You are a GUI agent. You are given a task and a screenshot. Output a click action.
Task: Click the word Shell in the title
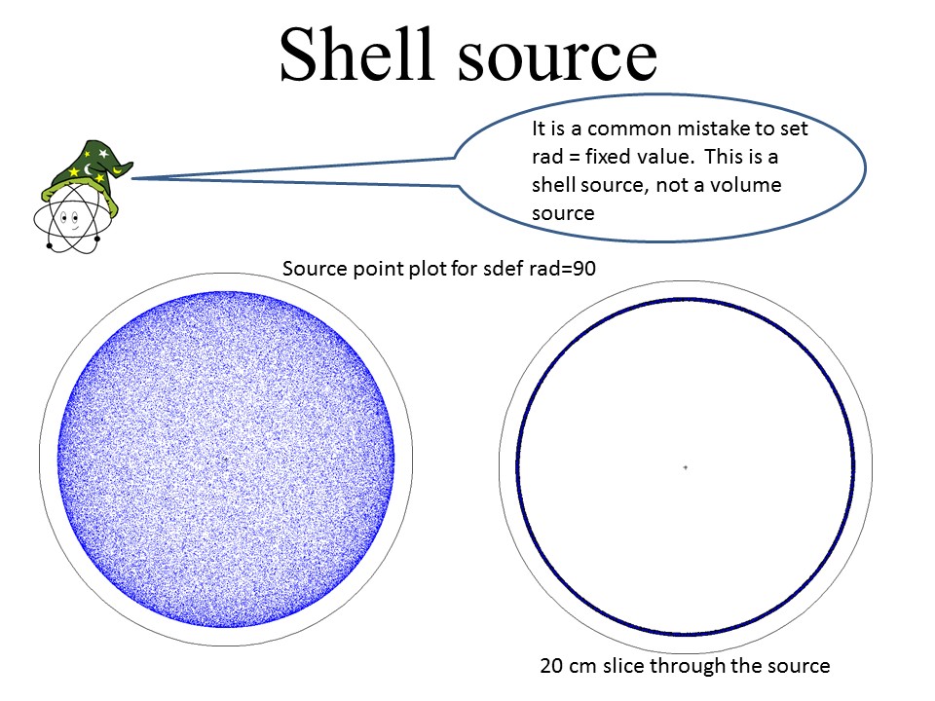pos(355,54)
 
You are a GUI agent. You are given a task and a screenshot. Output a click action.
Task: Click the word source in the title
pos(557,57)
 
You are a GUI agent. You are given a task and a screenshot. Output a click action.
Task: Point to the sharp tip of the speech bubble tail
pos(131,178)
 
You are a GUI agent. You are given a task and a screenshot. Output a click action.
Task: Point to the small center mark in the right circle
pos(685,467)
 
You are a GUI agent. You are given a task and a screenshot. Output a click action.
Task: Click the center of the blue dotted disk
pos(226,460)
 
